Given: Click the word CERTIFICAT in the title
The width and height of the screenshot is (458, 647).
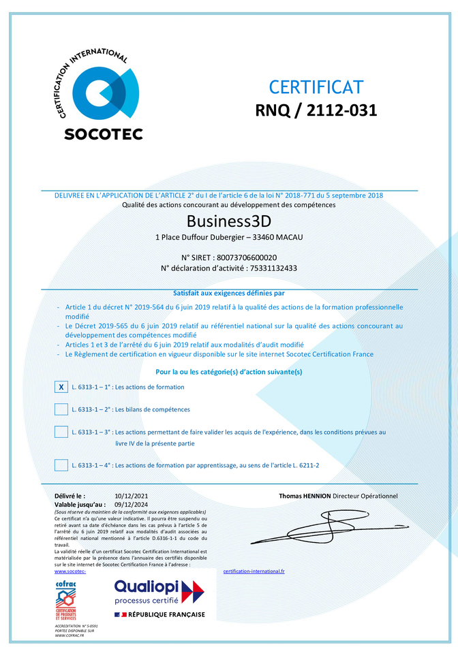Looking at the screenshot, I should click(x=316, y=87).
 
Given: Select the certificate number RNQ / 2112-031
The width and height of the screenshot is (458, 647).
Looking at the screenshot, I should click(x=316, y=110).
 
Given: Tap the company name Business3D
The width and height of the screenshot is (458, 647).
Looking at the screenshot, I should click(x=229, y=222).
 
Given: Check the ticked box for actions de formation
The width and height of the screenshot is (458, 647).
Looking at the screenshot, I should click(x=61, y=387).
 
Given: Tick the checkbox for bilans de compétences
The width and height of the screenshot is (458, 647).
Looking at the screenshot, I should click(x=61, y=409).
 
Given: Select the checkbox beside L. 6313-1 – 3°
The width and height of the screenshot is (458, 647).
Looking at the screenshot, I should click(x=61, y=432).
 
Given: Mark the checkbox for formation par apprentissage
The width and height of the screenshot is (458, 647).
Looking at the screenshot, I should click(x=61, y=465).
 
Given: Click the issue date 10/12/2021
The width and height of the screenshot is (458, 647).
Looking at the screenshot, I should click(x=132, y=496).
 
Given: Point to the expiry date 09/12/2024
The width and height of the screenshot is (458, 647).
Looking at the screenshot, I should click(x=132, y=504).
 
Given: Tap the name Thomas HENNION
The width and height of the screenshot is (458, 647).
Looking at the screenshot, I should click(x=304, y=496).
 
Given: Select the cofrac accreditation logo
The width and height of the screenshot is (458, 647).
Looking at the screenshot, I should click(x=66, y=601).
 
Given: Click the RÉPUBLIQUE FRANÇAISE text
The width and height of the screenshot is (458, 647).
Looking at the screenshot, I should click(x=167, y=614).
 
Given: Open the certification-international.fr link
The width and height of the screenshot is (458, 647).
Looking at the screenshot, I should click(x=254, y=571).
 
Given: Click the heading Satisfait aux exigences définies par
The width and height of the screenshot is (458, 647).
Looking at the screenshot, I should click(x=228, y=293).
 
